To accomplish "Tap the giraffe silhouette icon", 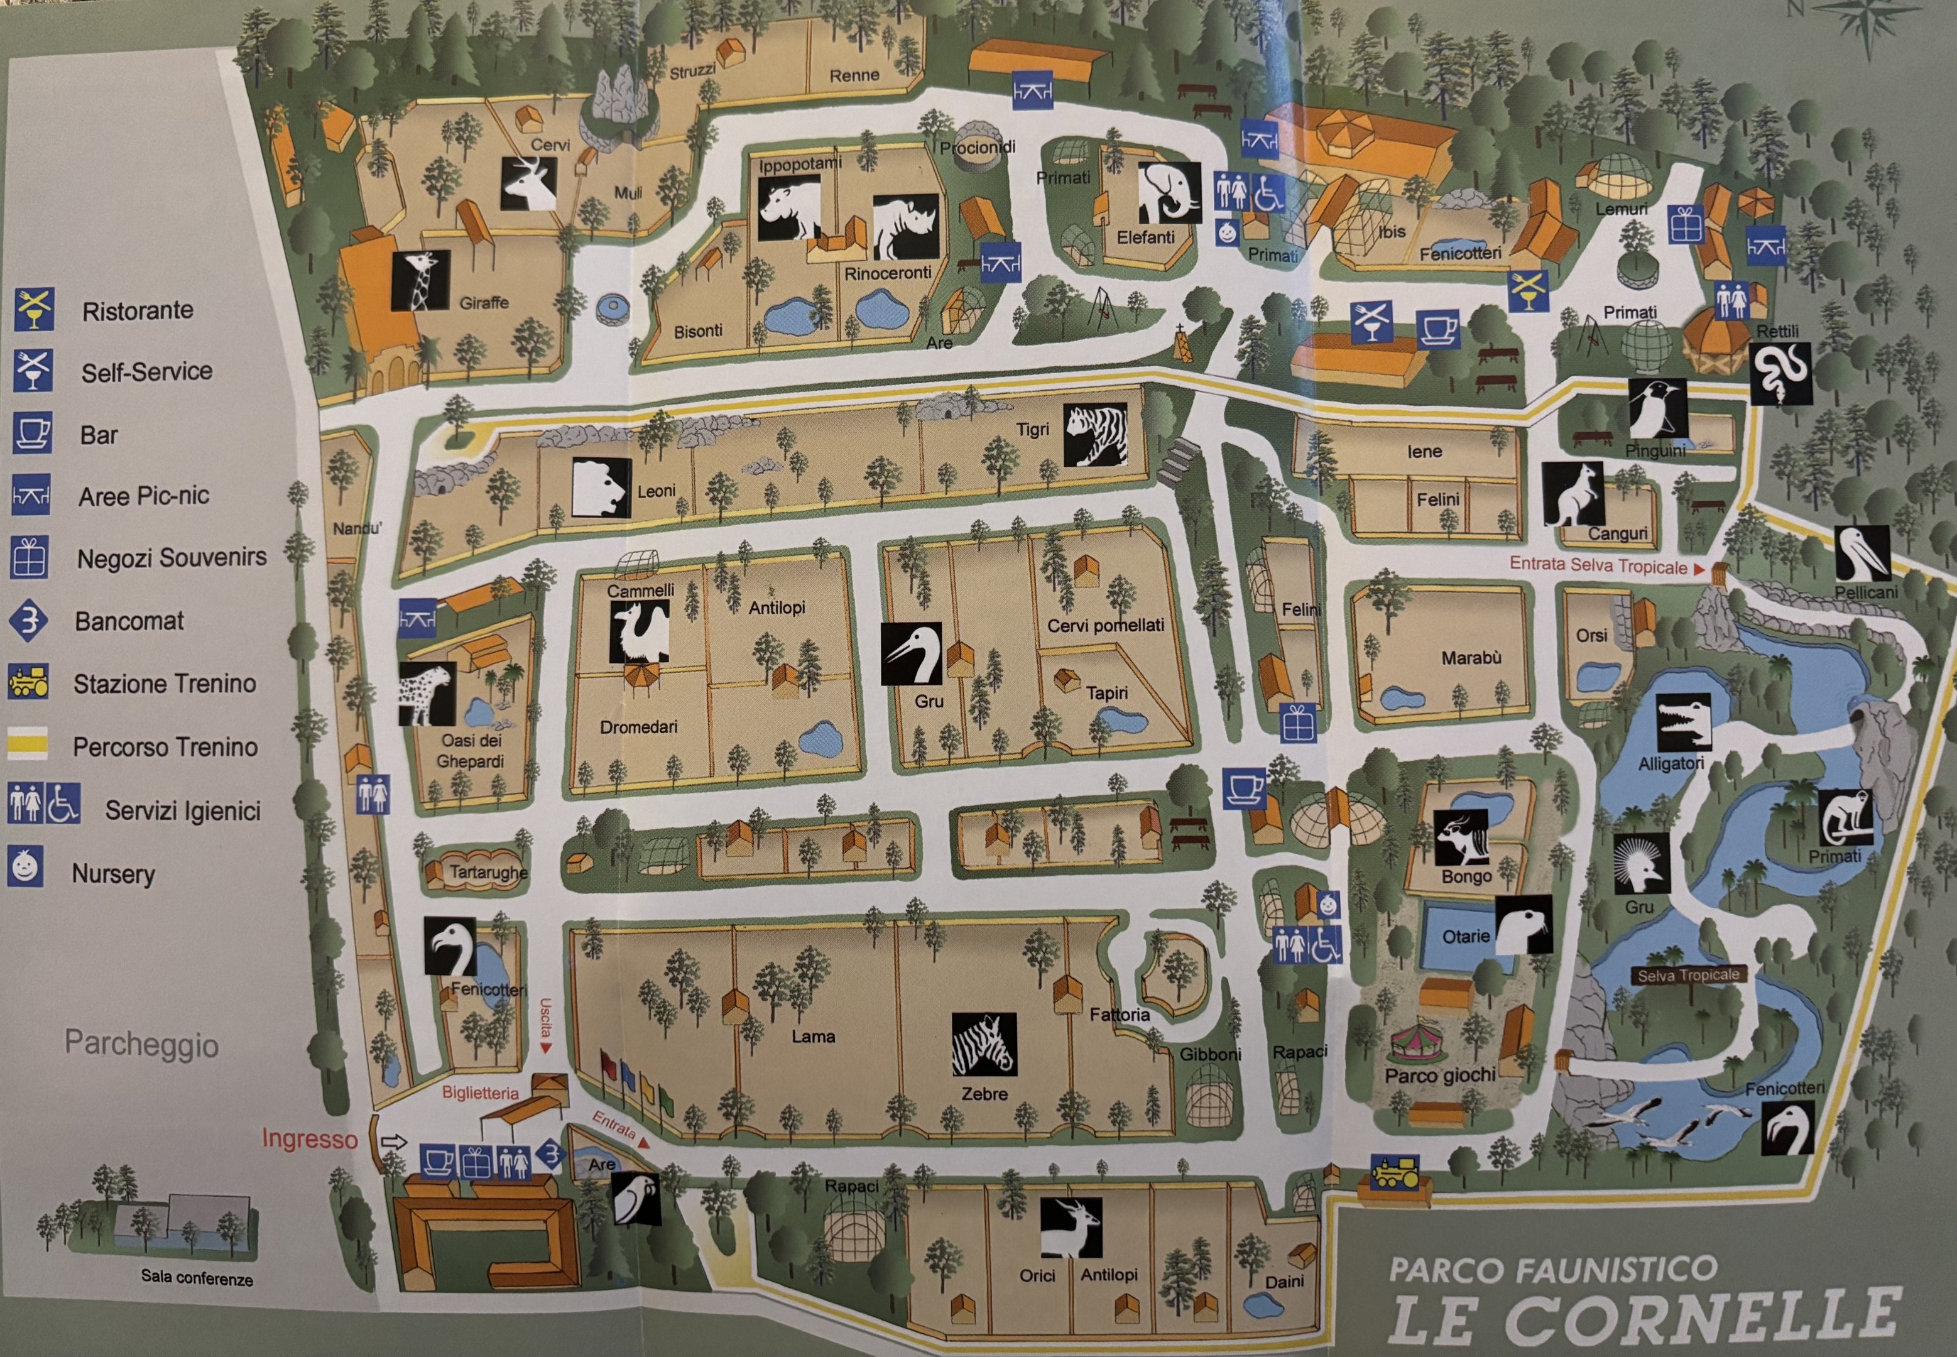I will coord(420,280).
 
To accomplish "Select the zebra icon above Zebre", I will coord(984,1044).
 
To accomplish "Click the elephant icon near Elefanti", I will coord(1170,193).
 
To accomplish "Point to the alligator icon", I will coord(1683,722).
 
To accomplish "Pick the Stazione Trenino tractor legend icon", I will coord(28,682).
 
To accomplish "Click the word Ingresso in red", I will coord(310,1138).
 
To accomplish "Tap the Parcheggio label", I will coord(142,1044).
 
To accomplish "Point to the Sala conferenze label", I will coord(197,1278).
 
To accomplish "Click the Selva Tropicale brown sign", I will coord(1687,975).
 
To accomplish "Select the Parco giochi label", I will coord(1439,1076).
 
